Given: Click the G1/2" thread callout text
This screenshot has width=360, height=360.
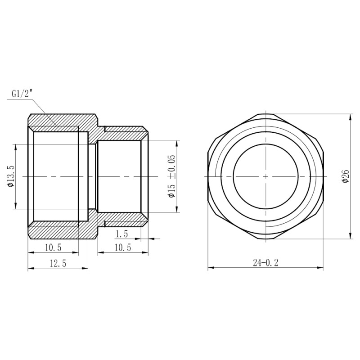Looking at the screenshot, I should pyautogui.click(x=22, y=94).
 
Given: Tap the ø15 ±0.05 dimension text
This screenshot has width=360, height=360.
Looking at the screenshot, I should pyautogui.click(x=171, y=176).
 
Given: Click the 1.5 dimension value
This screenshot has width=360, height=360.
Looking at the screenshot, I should pyautogui.click(x=122, y=234).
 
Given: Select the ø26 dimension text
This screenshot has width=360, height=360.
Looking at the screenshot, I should pyautogui.click(x=346, y=176).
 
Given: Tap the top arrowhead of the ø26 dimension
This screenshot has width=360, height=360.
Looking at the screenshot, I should pyautogui.click(x=351, y=117).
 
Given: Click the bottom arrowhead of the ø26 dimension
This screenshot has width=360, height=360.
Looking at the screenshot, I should pyautogui.click(x=351, y=237).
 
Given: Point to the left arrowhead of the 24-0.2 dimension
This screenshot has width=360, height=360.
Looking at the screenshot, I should pyautogui.click(x=210, y=269).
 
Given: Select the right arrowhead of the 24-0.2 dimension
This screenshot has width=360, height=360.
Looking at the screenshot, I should pyautogui.click(x=321, y=269).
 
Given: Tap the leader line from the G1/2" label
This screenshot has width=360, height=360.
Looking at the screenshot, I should pyautogui.click(x=43, y=108).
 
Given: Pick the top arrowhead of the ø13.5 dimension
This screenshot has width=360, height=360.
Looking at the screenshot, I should pyautogui.click(x=16, y=147).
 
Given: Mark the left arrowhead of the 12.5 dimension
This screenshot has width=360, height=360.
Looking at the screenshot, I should pyautogui.click(x=31, y=269).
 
